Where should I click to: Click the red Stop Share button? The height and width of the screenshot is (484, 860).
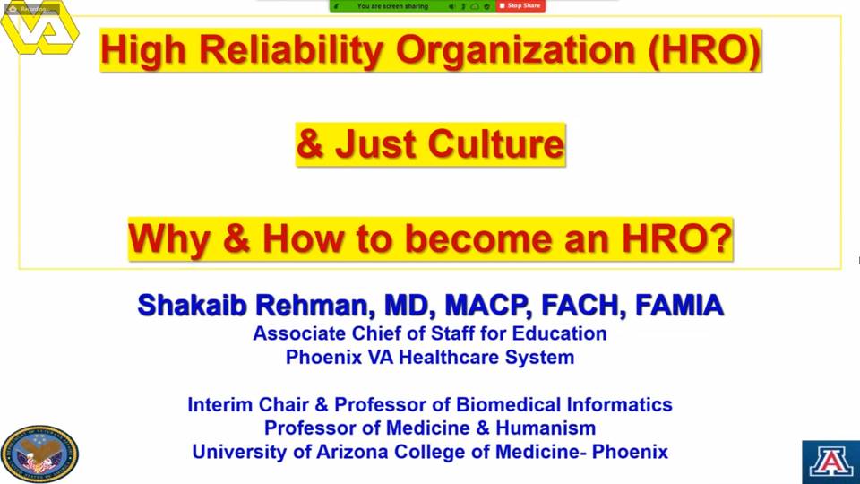click(x=520, y=6)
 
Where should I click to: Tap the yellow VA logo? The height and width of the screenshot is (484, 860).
click(x=39, y=28)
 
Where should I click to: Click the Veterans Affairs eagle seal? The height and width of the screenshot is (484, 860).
click(x=39, y=454)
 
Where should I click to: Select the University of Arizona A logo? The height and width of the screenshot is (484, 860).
click(x=831, y=462)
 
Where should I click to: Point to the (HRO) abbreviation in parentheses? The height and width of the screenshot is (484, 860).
click(x=704, y=50)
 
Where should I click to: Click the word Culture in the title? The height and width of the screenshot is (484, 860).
click(x=495, y=144)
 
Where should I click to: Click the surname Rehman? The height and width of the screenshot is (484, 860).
click(x=315, y=306)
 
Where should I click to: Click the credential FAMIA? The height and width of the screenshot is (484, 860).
click(x=679, y=306)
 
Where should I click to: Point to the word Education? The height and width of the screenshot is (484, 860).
click(x=557, y=333)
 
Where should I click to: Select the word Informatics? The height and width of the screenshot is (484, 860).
click(x=619, y=404)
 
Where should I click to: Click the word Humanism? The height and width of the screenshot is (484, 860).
click(x=546, y=428)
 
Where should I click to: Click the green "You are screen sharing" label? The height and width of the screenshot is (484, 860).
click(x=392, y=6)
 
